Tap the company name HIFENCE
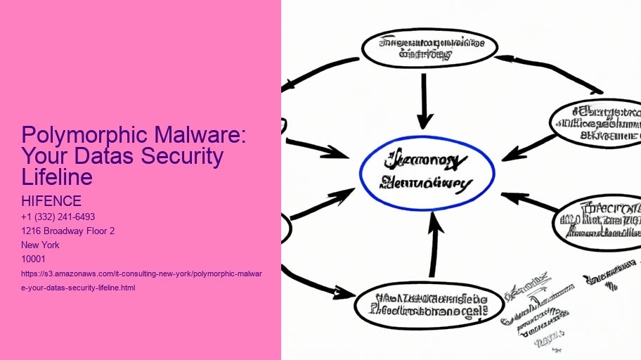click(52, 202)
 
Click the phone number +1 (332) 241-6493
click(58, 217)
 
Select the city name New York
click(41, 245)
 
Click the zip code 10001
click(34, 259)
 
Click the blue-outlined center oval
click(427, 173)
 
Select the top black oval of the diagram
click(429, 48)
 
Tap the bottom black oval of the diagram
click(429, 304)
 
